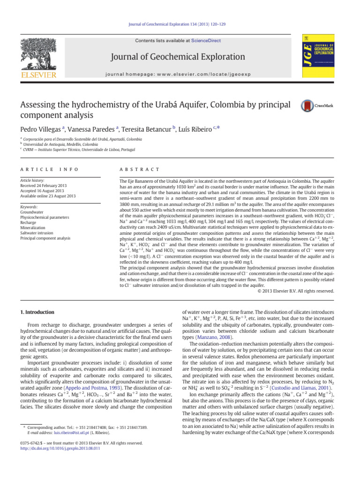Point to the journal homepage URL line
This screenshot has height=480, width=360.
180,74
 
